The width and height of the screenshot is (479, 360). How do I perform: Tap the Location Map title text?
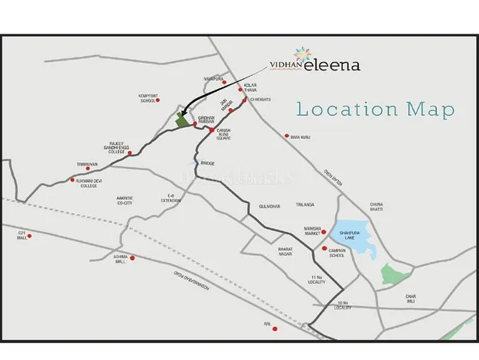tap(375, 109)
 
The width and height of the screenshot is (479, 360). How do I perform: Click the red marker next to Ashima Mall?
tap(134, 258)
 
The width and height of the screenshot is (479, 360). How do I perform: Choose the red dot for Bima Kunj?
tap(286, 136)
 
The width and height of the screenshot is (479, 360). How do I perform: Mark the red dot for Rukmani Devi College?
tap(72, 180)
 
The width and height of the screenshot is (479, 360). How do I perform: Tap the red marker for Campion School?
tap(324, 250)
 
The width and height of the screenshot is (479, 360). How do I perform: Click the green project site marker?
tap(182, 119)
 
